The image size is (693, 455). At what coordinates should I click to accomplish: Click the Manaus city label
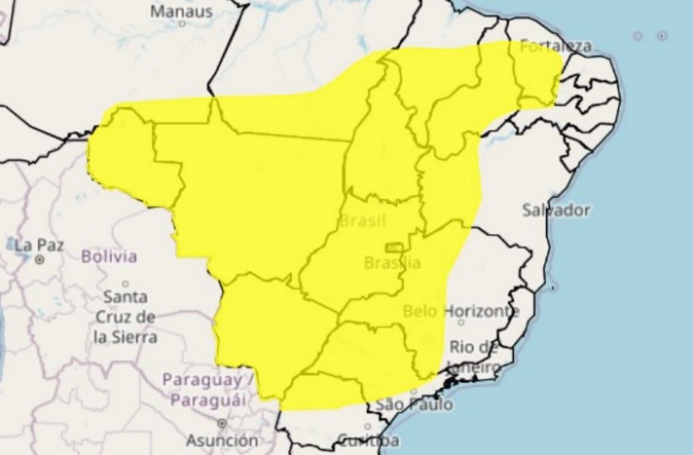[x=182, y=12]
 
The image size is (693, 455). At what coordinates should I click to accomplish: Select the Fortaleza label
[x=555, y=46]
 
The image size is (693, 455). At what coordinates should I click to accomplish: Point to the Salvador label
[x=556, y=210]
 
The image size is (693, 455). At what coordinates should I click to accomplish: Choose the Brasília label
[x=393, y=263]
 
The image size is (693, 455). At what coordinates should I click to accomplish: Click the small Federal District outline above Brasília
[x=393, y=247]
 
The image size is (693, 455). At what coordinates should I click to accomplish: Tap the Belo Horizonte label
[x=461, y=311]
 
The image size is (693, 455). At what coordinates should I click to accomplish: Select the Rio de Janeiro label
[x=474, y=357]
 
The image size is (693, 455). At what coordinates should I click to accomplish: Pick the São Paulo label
[x=415, y=404]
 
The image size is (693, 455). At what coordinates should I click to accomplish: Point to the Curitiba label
[x=368, y=439]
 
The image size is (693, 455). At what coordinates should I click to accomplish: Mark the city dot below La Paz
[x=39, y=260]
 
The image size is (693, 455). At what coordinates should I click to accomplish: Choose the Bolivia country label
[x=109, y=257]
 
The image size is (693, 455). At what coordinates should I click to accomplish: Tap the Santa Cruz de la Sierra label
[x=125, y=316]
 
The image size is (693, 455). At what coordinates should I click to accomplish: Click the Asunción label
[x=222, y=440]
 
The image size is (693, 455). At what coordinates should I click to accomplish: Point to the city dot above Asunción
[x=222, y=423]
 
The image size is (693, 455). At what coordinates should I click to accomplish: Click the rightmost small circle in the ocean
[x=662, y=36]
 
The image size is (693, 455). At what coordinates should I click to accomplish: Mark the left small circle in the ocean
[x=637, y=36]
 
